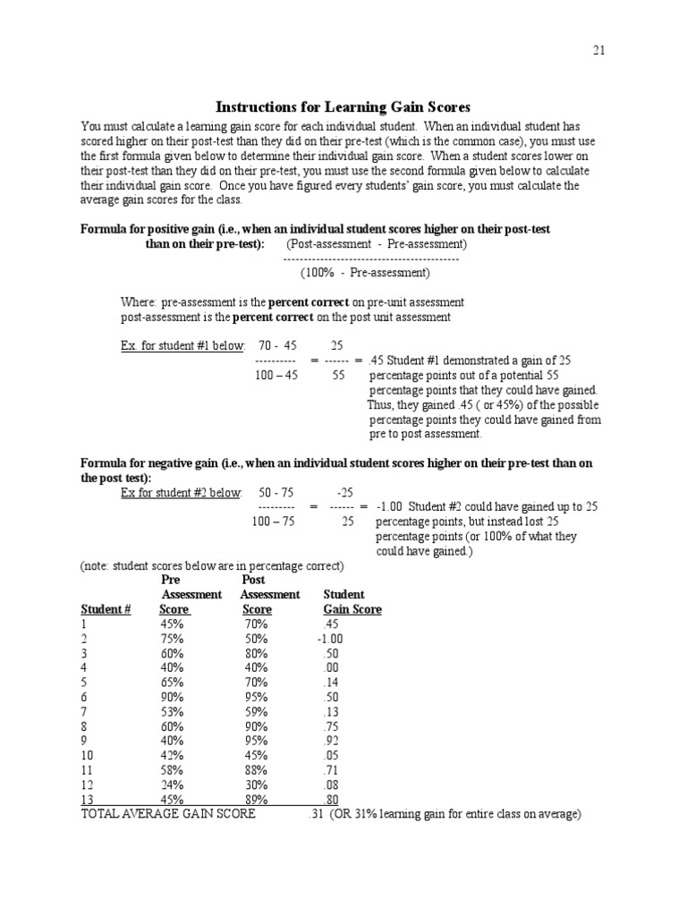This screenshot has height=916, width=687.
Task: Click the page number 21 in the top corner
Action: [x=598, y=50]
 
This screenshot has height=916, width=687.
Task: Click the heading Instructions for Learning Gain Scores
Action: [x=344, y=107]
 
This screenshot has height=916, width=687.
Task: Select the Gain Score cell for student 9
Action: [x=331, y=741]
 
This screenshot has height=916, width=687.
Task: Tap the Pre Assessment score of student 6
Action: [x=173, y=697]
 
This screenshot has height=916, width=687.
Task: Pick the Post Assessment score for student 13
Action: [x=256, y=800]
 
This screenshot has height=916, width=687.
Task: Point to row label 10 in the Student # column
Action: [x=87, y=756]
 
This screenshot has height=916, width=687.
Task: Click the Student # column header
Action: [x=106, y=609]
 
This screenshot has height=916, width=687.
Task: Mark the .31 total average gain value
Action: [x=314, y=814]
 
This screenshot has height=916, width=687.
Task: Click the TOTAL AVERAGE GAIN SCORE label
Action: [x=168, y=814]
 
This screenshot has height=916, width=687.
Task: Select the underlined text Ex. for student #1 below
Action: [x=182, y=345]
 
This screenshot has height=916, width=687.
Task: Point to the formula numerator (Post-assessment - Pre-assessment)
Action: [x=376, y=243]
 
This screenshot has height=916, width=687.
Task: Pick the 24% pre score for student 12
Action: [x=173, y=785]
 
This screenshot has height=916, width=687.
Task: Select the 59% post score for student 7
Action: [x=256, y=711]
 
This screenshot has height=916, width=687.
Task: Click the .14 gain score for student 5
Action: [x=331, y=683]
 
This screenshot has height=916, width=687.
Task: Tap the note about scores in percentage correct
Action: [x=212, y=566]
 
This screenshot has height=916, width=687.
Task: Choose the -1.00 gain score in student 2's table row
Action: [x=329, y=639]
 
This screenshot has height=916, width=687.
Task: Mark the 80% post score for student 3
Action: [x=256, y=653]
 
